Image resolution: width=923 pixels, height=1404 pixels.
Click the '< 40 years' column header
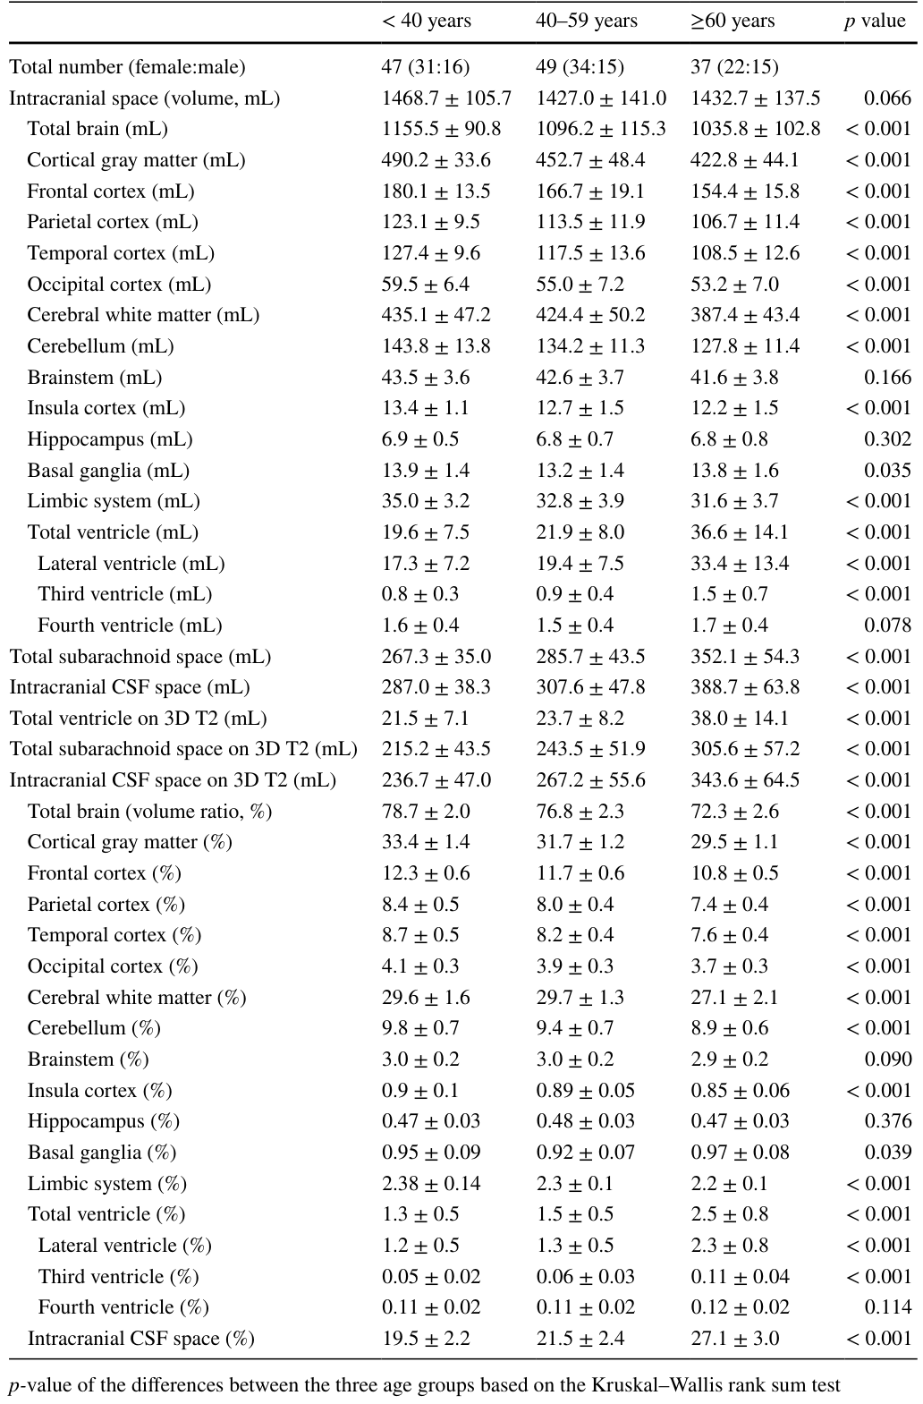(x=426, y=21)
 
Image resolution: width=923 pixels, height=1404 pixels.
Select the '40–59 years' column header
(x=587, y=21)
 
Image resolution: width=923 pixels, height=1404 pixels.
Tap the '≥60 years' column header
(x=732, y=21)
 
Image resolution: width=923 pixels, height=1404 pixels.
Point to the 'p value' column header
(x=875, y=21)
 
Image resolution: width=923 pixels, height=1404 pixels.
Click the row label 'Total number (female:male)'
(x=127, y=67)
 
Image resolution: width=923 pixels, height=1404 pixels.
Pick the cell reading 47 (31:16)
(x=426, y=67)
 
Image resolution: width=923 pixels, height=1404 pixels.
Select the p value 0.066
(x=887, y=98)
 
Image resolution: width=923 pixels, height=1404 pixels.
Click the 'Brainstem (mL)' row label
(x=95, y=378)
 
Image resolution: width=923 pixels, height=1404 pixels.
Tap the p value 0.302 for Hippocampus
(x=887, y=438)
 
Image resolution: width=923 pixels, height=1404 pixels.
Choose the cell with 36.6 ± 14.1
(x=740, y=532)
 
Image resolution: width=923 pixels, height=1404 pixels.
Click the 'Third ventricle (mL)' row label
(x=124, y=594)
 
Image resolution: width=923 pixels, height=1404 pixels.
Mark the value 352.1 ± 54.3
(x=745, y=656)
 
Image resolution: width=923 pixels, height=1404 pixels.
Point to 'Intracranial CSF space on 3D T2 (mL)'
(x=173, y=780)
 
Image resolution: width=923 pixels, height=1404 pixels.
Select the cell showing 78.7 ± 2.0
(x=426, y=812)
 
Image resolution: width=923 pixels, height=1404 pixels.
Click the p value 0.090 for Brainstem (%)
(x=887, y=1059)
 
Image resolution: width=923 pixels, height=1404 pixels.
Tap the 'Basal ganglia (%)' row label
(x=102, y=1153)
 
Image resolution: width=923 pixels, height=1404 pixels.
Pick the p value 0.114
(x=887, y=1307)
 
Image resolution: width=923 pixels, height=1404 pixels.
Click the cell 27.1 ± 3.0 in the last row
(x=734, y=1339)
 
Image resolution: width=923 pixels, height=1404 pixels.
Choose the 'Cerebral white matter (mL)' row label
(x=143, y=315)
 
